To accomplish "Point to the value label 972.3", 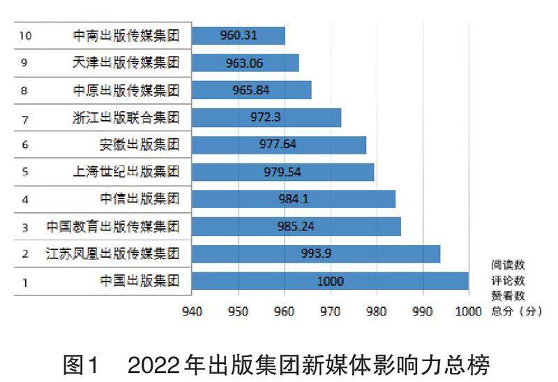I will (266, 117).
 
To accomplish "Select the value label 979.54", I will (282, 172).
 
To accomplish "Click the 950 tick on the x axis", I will (238, 311).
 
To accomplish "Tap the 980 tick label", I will (376, 311).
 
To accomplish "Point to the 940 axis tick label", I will (192, 311).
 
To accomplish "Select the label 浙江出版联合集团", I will (126, 117).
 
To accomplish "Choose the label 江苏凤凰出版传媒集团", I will (112, 254).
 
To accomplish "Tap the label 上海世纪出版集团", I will (126, 172).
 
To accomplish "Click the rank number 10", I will (26, 36).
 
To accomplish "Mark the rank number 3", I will (25, 227).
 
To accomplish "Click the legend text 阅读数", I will (508, 265).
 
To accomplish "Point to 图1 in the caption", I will (82, 364).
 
